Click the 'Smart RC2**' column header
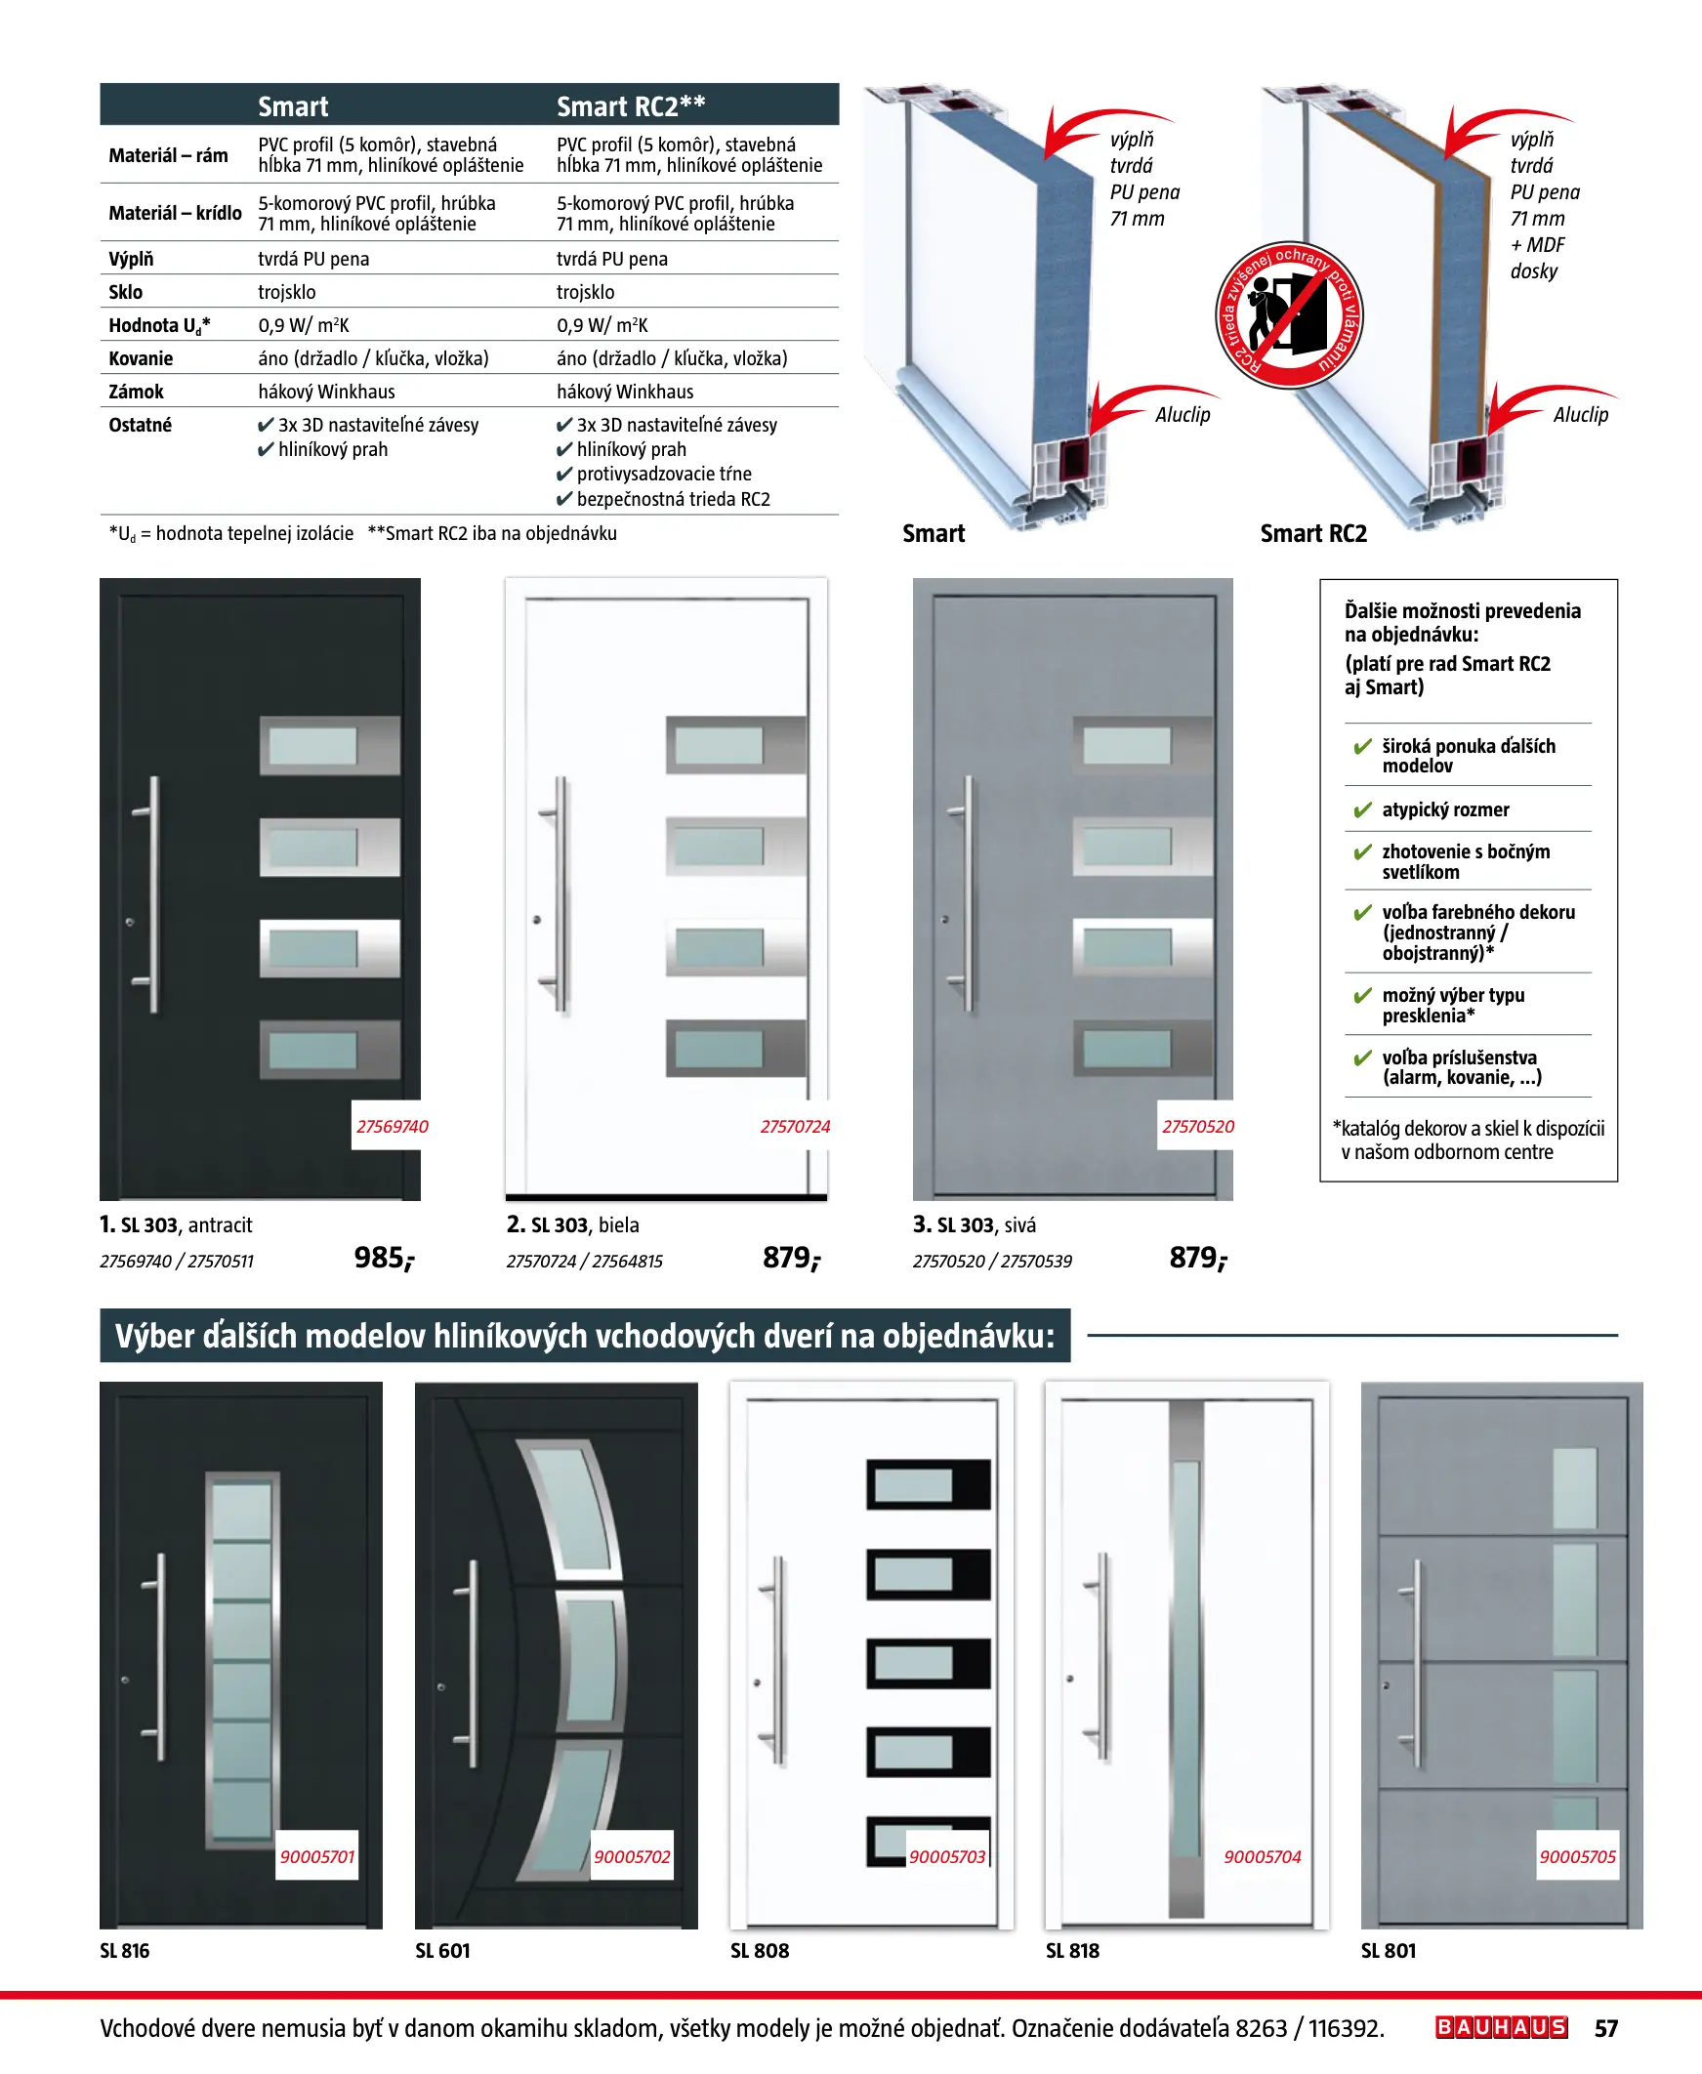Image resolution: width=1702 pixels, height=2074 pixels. tap(631, 105)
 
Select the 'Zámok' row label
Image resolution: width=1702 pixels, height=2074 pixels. tap(137, 393)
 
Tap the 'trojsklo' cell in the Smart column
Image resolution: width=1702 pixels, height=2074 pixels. tap(287, 292)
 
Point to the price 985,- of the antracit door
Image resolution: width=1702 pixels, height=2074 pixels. tap(385, 1258)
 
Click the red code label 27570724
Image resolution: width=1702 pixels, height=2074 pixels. tap(795, 1127)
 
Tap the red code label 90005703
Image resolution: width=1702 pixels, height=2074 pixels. tap(947, 1856)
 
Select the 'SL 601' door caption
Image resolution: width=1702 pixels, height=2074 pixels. tap(442, 1951)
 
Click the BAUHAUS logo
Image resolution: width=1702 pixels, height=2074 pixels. tap(1501, 2027)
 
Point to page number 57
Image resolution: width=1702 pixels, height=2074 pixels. tap(1606, 2028)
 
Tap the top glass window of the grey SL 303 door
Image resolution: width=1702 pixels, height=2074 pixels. tap(1127, 746)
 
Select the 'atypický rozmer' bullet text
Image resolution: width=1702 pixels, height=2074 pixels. tap(1445, 809)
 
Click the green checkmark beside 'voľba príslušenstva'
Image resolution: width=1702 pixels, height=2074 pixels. tap(1362, 1058)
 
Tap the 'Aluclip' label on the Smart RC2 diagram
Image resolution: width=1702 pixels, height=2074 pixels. tap(1580, 415)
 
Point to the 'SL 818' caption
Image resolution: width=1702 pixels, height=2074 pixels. tap(1072, 1951)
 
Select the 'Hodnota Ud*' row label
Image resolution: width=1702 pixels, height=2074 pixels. tap(159, 325)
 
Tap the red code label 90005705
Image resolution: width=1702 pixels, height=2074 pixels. tap(1577, 1856)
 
